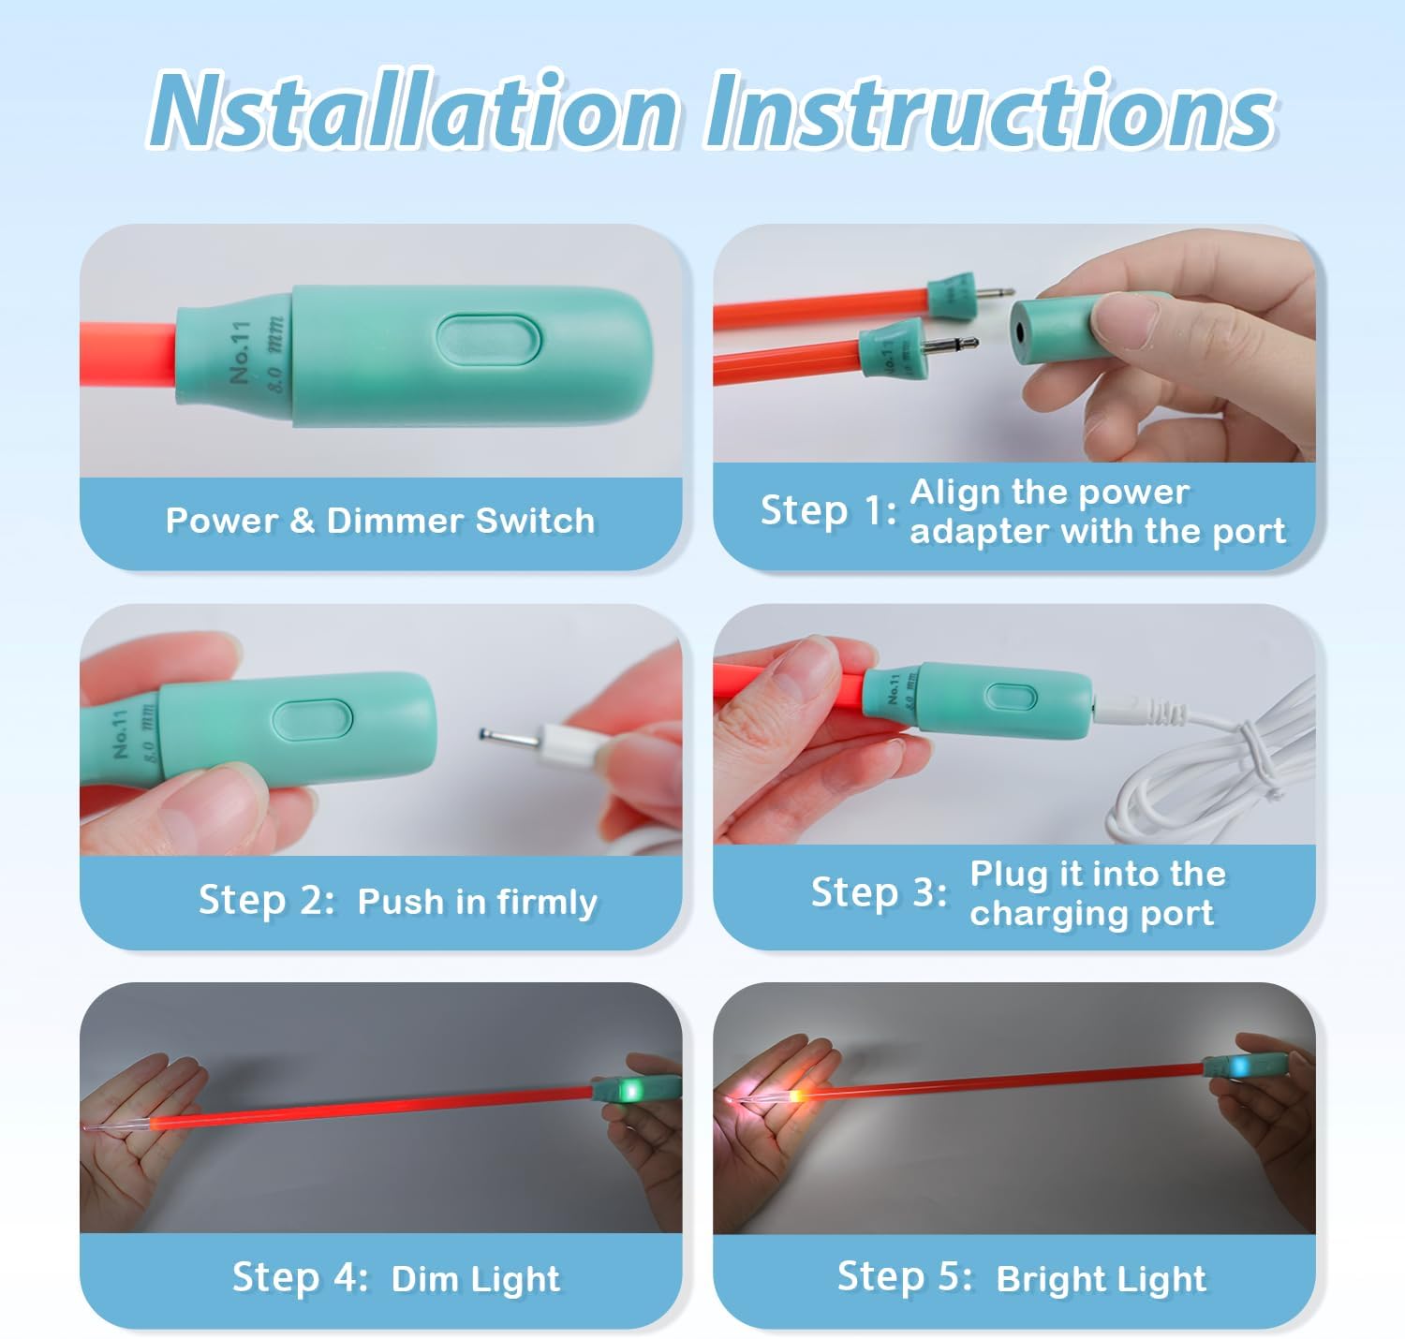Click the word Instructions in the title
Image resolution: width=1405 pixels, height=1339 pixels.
(x=990, y=110)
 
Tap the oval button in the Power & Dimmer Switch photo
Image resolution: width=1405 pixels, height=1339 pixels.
(x=488, y=339)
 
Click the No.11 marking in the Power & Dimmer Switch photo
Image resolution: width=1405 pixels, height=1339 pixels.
(x=241, y=352)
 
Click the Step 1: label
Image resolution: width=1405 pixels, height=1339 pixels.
(x=828, y=510)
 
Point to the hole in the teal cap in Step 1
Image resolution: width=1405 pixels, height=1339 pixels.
(x=1019, y=331)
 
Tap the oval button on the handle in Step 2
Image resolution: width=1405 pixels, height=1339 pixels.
(x=312, y=719)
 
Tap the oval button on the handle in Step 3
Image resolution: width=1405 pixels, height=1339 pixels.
(x=1011, y=697)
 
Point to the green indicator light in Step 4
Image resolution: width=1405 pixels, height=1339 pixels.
(x=629, y=1090)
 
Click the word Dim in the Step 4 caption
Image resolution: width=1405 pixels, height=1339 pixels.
(x=423, y=1278)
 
